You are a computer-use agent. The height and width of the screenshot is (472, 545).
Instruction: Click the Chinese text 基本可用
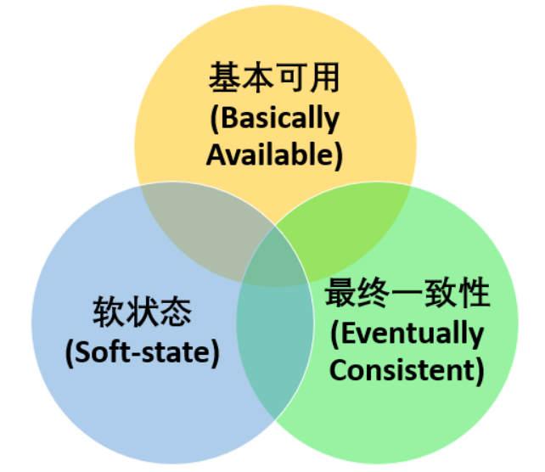274,80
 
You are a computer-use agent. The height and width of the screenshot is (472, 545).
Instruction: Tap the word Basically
274,118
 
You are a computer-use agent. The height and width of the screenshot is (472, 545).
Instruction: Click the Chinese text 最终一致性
408,294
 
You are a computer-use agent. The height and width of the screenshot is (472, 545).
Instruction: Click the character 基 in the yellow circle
223,80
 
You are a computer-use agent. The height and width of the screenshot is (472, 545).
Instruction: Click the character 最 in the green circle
342,294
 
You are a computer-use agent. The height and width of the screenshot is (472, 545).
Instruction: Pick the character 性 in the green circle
475,294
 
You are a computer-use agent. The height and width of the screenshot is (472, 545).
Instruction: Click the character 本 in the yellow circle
257,80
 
